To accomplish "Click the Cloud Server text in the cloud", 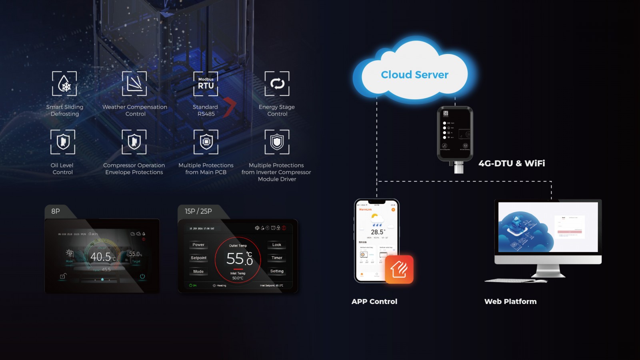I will [414, 75].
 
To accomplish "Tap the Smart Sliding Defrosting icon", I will [64, 84].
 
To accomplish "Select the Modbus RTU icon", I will [206, 84].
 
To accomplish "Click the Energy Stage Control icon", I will [277, 84].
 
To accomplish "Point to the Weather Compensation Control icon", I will [134, 84].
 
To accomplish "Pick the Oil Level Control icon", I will [63, 142].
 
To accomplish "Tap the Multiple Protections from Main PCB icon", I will [206, 142].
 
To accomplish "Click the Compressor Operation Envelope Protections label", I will [134, 169].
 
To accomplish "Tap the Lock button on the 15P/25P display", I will [276, 245].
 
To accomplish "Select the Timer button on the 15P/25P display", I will [276, 258].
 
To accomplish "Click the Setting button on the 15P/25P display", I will [276, 271].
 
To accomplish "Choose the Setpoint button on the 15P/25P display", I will [198, 258].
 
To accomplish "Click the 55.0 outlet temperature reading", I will [239, 259].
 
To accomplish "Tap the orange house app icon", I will [399, 269].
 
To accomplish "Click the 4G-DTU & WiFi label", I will [512, 163].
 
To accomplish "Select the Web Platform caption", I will [510, 302].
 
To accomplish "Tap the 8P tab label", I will [56, 211].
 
